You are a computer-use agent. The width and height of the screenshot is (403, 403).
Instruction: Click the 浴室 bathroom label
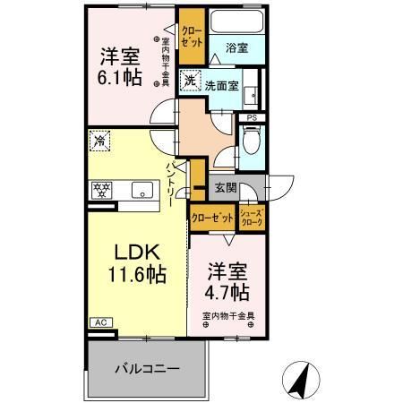[x=237, y=48]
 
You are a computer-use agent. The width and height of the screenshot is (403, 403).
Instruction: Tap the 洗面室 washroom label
[x=220, y=86]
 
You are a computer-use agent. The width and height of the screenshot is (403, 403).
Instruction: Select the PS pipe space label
[x=253, y=116]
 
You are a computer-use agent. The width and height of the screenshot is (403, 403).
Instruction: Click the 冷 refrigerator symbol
[x=99, y=140]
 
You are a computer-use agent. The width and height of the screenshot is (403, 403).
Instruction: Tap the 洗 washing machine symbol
[x=190, y=81]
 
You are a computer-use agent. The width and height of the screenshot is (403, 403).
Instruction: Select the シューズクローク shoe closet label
[x=252, y=216]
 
